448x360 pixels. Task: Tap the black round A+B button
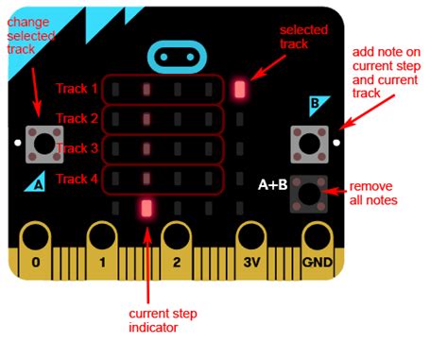(308, 194)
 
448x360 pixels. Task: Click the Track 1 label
(77, 89)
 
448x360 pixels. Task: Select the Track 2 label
(77, 119)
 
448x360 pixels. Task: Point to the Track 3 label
(77, 148)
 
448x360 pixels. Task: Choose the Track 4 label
(77, 179)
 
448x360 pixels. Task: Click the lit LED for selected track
(239, 90)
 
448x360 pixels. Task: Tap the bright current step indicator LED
(146, 209)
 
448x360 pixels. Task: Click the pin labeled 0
(36, 248)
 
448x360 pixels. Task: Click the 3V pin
(250, 248)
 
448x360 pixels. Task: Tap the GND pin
(317, 248)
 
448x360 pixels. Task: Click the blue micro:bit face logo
(181, 56)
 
